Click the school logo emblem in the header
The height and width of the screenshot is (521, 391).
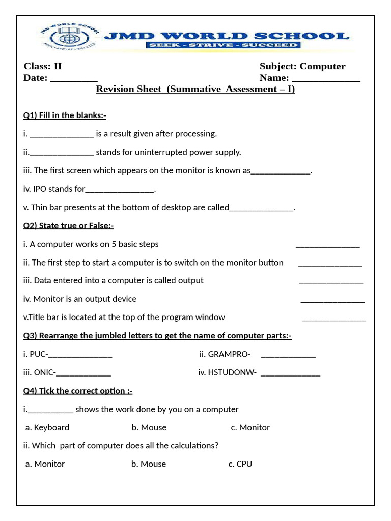pyautogui.click(x=67, y=36)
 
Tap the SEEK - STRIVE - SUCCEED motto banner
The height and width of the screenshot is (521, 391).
pyautogui.click(x=223, y=45)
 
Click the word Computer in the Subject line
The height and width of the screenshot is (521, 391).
pyautogui.click(x=322, y=66)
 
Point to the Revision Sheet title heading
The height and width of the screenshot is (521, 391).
pyautogui.click(x=195, y=90)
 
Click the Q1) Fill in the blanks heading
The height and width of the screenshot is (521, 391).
pyautogui.click(x=65, y=115)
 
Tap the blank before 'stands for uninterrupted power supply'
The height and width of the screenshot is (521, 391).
pyautogui.click(x=62, y=153)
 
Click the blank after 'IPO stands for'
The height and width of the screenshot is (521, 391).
pyautogui.click(x=120, y=190)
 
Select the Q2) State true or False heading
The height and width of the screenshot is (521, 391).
pyautogui.click(x=68, y=226)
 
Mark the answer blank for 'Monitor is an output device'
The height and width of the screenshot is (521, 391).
pyautogui.click(x=332, y=300)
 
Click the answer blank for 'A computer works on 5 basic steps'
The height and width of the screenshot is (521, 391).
pyautogui.click(x=328, y=245)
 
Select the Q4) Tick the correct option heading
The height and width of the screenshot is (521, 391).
pyautogui.click(x=78, y=391)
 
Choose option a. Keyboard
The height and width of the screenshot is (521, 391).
pyautogui.click(x=47, y=427)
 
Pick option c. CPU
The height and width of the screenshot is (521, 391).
pyautogui.click(x=240, y=464)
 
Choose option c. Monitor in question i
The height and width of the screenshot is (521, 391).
pyautogui.click(x=250, y=427)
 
